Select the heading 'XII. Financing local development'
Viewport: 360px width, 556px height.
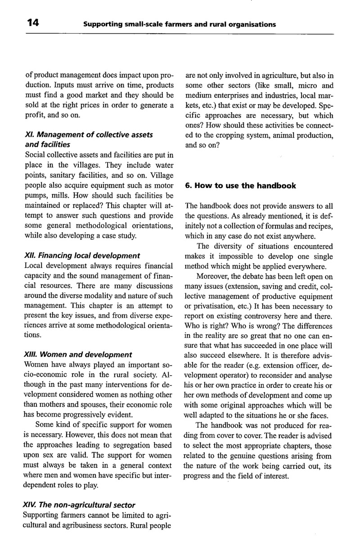tap(81, 256)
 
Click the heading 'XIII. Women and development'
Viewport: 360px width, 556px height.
tap(77, 354)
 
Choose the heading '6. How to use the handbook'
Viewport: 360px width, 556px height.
tap(241, 185)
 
